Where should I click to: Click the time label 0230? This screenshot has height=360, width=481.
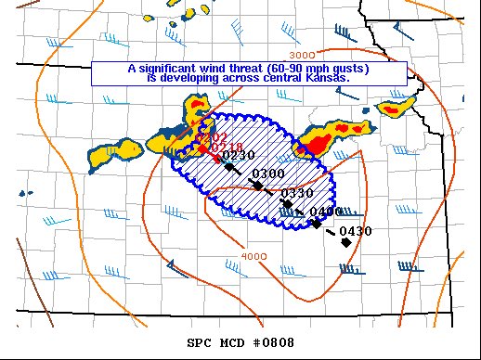pos(239,154)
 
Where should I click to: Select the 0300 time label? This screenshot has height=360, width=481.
pos(267,174)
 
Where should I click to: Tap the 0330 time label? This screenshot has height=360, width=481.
pos(298,193)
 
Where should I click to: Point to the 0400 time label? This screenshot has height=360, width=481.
pos(326,212)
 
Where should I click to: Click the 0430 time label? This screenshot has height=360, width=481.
pos(356,231)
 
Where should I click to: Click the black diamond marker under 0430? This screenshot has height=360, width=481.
pos(345,242)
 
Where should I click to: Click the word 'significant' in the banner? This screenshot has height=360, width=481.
pos(170,70)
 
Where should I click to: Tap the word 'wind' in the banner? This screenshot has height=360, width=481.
pos(211,70)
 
